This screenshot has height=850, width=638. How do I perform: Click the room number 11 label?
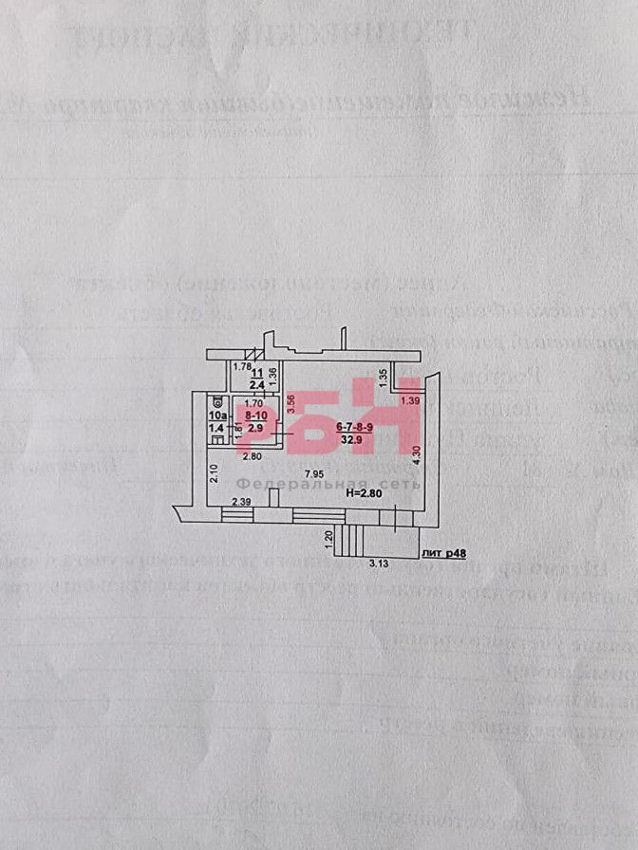click(256, 373)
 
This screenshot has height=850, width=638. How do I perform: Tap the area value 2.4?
click(256, 385)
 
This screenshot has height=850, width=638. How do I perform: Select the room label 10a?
click(217, 416)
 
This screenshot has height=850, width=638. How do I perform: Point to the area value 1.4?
click(217, 429)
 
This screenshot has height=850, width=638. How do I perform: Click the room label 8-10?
click(255, 416)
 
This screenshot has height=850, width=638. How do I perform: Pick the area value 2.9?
click(255, 429)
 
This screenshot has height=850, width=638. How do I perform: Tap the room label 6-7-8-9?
click(353, 427)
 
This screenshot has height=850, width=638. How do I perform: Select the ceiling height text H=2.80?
click(363, 492)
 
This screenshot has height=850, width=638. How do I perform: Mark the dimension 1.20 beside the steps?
click(328, 538)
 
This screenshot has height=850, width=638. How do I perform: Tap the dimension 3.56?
click(291, 403)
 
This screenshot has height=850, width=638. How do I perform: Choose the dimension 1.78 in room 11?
click(241, 367)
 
